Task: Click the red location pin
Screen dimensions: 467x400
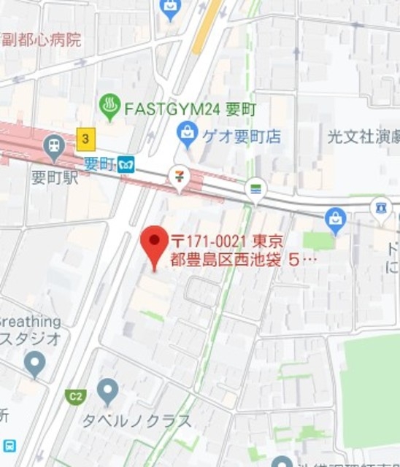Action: click(x=153, y=244)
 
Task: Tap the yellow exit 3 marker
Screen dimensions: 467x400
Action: click(x=86, y=138)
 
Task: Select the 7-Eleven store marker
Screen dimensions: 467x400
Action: click(x=179, y=177)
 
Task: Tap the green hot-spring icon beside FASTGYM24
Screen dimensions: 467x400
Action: click(x=109, y=108)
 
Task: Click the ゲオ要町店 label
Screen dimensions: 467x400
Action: click(x=242, y=135)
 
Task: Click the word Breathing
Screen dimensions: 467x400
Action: click(x=30, y=322)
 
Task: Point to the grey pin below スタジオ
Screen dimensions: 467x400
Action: click(x=34, y=363)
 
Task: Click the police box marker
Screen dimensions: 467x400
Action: click(x=380, y=208)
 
